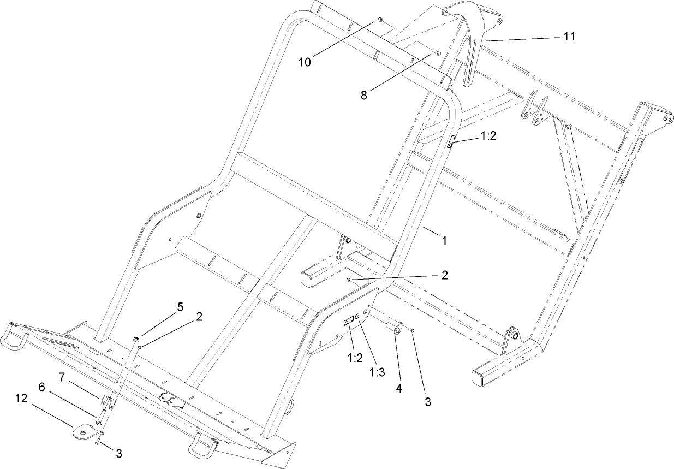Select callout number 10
point(305,62)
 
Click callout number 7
point(62,377)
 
